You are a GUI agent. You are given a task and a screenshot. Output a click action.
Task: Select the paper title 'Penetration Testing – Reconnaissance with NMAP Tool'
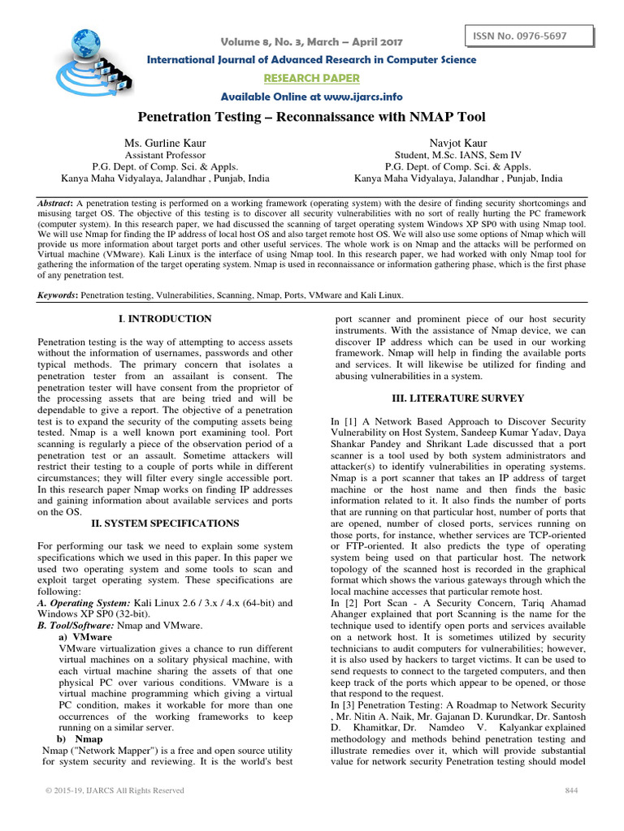(312, 118)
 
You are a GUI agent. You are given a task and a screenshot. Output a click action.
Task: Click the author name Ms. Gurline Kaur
(165, 142)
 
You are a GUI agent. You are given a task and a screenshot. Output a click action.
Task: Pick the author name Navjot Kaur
(457, 142)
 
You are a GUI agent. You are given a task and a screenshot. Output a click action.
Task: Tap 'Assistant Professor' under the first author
(165, 154)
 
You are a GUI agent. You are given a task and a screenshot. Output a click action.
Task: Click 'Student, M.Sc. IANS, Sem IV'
(457, 154)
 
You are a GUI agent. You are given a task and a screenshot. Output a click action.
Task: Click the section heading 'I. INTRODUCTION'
(166, 319)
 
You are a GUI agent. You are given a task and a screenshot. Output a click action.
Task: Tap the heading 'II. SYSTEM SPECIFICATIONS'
(166, 535)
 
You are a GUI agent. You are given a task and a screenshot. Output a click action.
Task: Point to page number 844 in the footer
(570, 790)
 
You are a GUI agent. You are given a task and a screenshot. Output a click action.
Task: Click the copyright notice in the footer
(115, 790)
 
